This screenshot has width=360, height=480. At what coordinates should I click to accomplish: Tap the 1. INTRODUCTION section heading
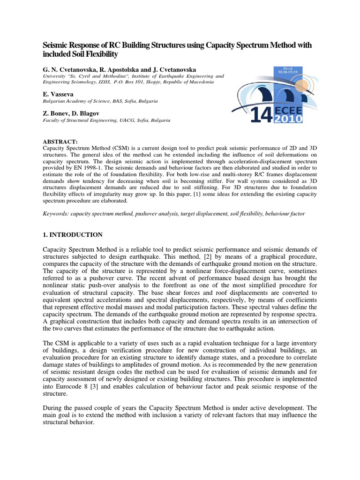pos(72,234)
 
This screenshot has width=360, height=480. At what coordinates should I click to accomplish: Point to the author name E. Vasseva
pos(57,94)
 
